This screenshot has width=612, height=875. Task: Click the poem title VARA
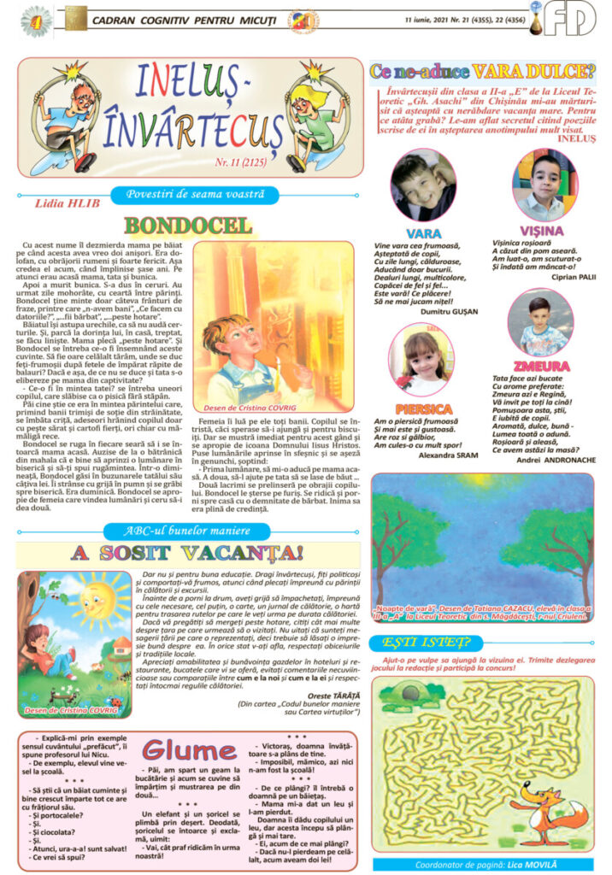click(424, 232)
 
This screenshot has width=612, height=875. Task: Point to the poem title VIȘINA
click(541, 231)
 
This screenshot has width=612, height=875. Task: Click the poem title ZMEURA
click(542, 366)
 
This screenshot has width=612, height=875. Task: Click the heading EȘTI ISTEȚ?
click(415, 642)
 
